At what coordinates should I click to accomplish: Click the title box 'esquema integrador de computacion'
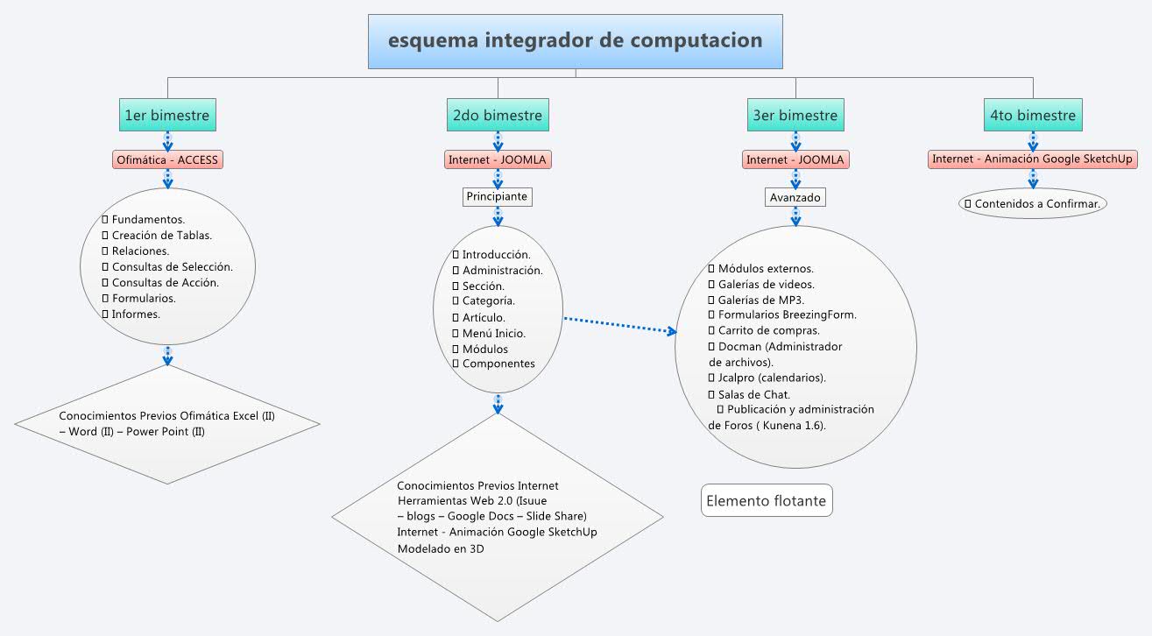(576, 41)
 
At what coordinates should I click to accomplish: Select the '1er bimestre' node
(167, 115)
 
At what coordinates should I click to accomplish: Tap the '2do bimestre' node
(498, 115)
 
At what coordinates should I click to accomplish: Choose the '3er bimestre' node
(795, 115)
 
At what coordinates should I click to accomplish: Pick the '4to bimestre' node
(1032, 115)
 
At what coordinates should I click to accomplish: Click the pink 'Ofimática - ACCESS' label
(168, 159)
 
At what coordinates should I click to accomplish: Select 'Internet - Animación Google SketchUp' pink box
(1033, 159)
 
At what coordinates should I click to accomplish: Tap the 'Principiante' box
(497, 196)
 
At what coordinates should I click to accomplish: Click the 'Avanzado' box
(795, 197)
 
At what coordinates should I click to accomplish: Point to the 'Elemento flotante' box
(766, 501)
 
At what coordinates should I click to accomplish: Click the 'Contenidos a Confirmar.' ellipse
(1033, 203)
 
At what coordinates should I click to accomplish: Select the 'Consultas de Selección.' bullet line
(172, 266)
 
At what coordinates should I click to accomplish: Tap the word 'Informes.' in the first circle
(136, 314)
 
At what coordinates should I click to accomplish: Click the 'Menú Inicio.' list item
(494, 333)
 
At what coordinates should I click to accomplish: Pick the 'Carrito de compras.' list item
(768, 330)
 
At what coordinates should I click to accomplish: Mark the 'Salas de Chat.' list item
(753, 394)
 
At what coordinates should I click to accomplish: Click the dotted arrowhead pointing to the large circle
(673, 332)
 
